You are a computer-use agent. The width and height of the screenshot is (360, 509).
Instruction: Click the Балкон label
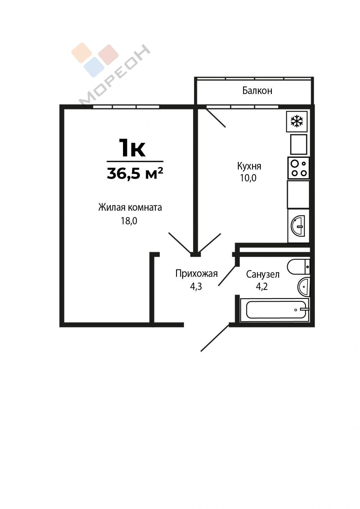pyautogui.click(x=257, y=91)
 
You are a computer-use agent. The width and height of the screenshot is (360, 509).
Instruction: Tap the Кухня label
pyautogui.click(x=249, y=166)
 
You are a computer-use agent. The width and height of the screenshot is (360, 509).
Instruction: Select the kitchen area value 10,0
pyautogui.click(x=248, y=178)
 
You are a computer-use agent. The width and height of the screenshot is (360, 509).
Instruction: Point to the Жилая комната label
pyautogui.click(x=130, y=208)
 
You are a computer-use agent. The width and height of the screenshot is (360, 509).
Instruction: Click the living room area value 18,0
pyautogui.click(x=129, y=221)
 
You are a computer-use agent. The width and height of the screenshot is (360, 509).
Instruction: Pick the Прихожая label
pyautogui.click(x=196, y=274)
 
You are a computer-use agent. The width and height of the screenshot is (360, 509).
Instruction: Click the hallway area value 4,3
pyautogui.click(x=196, y=287)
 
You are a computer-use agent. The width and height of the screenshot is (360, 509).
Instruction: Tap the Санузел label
pyautogui.click(x=263, y=275)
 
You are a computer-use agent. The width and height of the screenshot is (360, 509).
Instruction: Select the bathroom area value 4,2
pyautogui.click(x=262, y=287)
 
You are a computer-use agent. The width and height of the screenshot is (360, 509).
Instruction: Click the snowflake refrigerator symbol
pyautogui.click(x=297, y=121)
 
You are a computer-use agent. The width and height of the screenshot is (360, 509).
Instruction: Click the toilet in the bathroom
pyautogui.click(x=298, y=267)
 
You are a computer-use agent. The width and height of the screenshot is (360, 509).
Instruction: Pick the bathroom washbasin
pyautogui.click(x=304, y=287)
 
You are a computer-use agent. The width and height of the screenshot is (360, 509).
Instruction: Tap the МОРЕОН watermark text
pyautogui.click(x=115, y=76)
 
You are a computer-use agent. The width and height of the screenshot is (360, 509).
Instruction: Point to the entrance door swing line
pyautogui.click(x=215, y=338)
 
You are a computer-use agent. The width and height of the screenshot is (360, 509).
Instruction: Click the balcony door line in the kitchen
pyautogui.click(x=215, y=117)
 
